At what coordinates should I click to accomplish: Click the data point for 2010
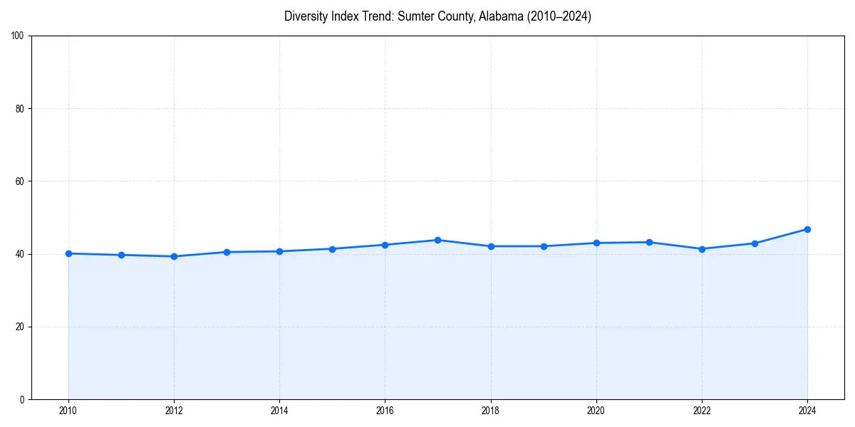click(68, 253)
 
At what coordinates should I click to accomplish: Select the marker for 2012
click(174, 256)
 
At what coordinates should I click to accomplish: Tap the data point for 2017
click(437, 240)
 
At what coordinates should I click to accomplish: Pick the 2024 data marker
click(807, 229)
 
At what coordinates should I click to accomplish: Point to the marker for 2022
click(702, 249)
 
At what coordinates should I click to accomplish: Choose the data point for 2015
click(332, 249)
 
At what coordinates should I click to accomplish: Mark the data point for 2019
click(544, 246)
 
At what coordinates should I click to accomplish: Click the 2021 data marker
click(649, 242)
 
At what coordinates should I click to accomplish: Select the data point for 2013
click(227, 252)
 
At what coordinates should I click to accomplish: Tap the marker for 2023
click(755, 243)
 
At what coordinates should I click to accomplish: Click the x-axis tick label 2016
click(385, 411)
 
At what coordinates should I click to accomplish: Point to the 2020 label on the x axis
click(596, 411)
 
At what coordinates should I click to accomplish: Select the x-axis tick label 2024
click(807, 411)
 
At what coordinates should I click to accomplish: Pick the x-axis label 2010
click(68, 411)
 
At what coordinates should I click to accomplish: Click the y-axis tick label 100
click(18, 36)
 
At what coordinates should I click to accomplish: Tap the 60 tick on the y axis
click(20, 181)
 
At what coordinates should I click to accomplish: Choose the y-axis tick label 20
click(20, 327)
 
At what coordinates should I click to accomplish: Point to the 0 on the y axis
click(22, 399)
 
